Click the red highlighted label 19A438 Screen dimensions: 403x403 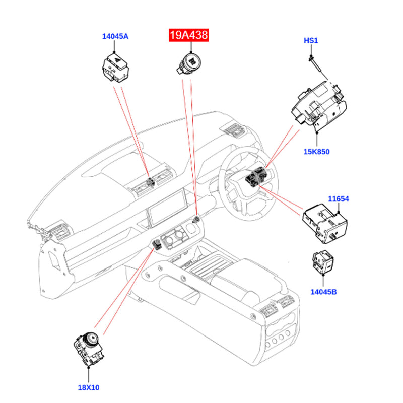click(x=187, y=36)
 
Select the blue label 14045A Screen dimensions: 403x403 click(x=115, y=36)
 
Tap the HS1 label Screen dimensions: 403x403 click(x=311, y=40)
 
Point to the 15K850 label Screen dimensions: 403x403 click(x=316, y=151)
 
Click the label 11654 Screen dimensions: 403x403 click(x=339, y=199)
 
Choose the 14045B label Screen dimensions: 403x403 click(x=324, y=291)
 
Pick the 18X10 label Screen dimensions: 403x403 click(x=89, y=387)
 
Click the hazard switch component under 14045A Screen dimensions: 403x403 click(x=115, y=68)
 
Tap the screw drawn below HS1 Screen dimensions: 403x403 click(x=313, y=62)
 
